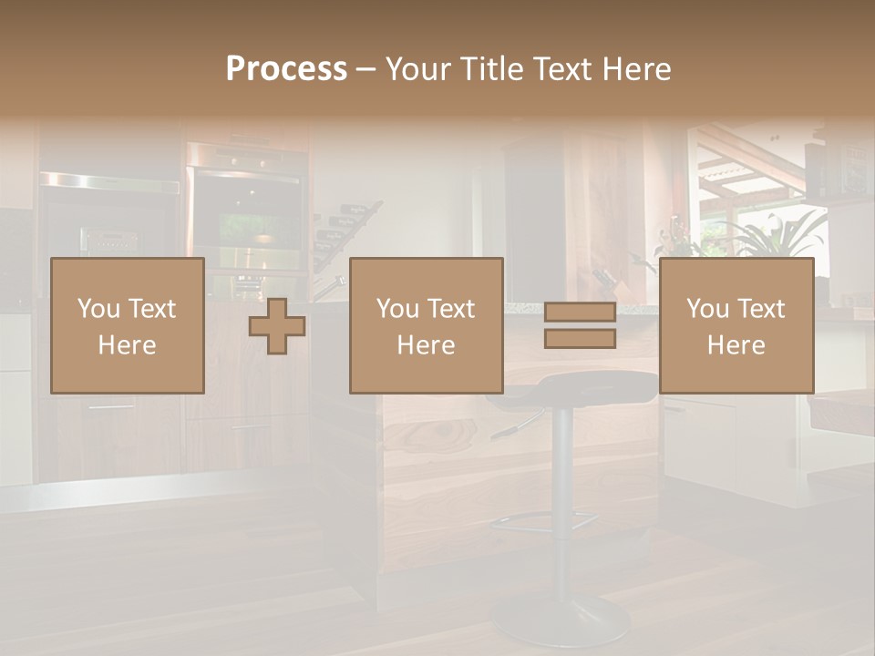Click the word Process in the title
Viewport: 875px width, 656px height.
click(286, 69)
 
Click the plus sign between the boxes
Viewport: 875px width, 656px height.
click(277, 326)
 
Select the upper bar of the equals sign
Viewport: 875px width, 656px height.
click(580, 313)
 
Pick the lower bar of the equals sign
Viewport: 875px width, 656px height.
click(580, 339)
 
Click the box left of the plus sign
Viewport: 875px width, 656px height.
click(128, 326)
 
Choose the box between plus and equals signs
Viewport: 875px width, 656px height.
click(427, 326)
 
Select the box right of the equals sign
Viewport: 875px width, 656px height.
click(736, 326)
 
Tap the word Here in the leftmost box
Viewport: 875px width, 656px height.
click(128, 345)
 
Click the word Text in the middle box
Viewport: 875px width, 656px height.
click(453, 309)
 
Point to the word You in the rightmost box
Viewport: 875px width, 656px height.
click(707, 309)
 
